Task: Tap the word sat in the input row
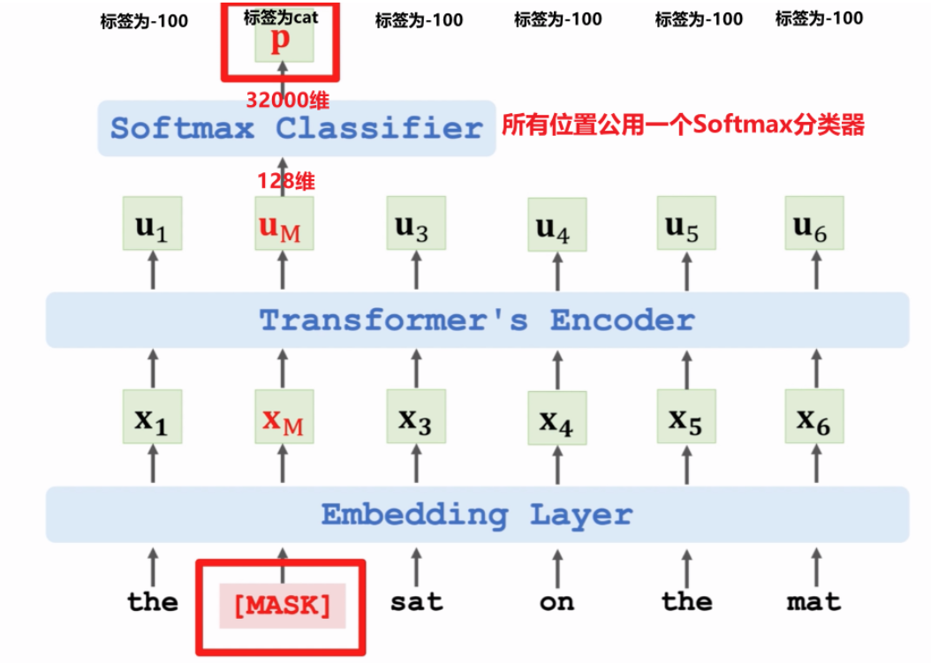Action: point(416,603)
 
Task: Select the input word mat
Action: point(814,603)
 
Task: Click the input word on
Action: point(556,603)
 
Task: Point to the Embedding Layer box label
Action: point(476,514)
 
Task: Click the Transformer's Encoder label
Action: point(477,320)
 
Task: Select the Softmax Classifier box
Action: point(296,129)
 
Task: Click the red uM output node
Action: point(283,226)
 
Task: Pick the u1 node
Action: point(152,226)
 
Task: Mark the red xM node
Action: point(283,420)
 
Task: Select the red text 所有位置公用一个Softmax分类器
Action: point(683,125)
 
